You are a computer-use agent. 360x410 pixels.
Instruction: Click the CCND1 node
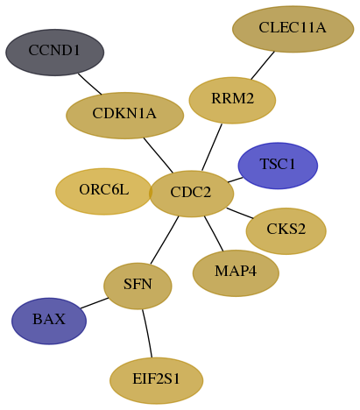coord(54,53)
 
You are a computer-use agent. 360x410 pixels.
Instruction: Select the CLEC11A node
coord(293,29)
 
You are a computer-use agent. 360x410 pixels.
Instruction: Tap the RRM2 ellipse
coord(232,100)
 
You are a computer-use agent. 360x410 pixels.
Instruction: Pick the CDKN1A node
coord(124,116)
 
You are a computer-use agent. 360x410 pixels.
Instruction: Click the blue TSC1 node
coord(278,166)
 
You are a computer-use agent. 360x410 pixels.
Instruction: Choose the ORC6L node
coord(103,191)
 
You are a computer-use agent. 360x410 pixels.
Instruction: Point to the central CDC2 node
coord(191,194)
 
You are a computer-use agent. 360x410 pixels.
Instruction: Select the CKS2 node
coord(286,231)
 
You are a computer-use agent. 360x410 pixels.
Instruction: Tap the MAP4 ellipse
coord(236,273)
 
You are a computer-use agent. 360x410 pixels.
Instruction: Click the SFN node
coord(138,286)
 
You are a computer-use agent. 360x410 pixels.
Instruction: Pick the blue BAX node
coord(49,321)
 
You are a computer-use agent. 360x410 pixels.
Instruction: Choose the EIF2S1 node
coord(156,380)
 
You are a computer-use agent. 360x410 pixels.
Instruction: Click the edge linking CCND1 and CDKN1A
coord(89,84)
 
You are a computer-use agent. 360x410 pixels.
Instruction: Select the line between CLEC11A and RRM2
coord(263,65)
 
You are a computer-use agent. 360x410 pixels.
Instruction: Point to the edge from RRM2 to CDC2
coord(212,147)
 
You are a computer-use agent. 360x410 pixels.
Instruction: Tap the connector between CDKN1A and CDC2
coord(159,155)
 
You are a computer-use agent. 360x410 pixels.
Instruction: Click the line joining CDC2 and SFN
coord(165,240)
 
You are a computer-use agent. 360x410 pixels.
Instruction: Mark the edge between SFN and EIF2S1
coord(147,333)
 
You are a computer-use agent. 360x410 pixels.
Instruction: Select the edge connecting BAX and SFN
coord(95,303)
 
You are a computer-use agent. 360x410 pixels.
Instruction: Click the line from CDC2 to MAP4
coord(214,233)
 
